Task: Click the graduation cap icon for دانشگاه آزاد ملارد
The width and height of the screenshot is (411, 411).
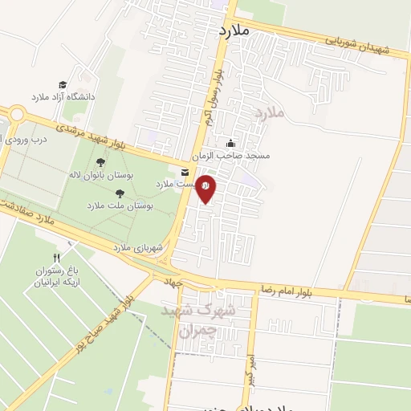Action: point(63,85)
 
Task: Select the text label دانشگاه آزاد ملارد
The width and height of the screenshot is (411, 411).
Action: point(63,97)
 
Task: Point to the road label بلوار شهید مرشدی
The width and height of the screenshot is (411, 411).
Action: point(92,136)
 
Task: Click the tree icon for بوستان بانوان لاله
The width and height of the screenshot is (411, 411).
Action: point(100,162)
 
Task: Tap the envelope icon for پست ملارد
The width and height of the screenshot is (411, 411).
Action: point(185,173)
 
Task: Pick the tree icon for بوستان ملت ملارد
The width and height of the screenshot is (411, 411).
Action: point(120,193)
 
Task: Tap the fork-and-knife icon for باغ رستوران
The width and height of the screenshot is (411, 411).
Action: point(55,258)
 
